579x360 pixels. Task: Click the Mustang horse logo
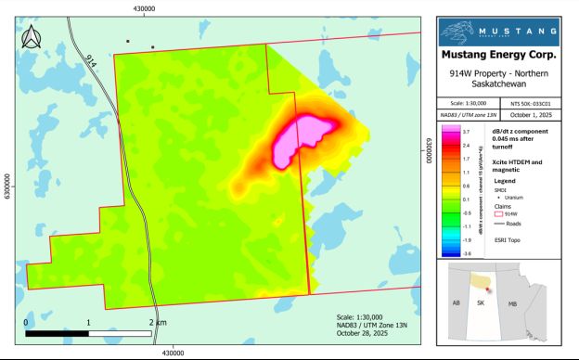pyautogui.click(x=461, y=32)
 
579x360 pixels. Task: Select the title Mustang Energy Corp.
pyautogui.click(x=505, y=60)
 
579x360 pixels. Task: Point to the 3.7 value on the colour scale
pyautogui.click(x=465, y=133)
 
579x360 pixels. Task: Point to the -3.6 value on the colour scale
pyautogui.click(x=465, y=252)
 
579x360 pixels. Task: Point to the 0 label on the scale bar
pyautogui.click(x=25, y=321)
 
